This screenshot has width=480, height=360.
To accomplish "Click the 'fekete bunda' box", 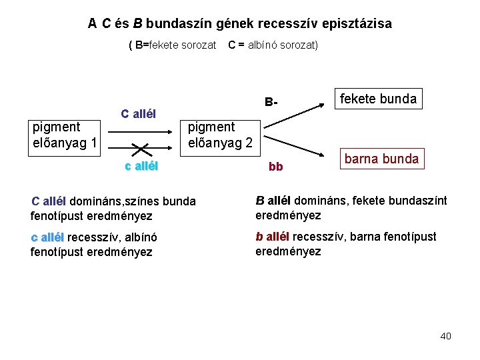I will [378, 99].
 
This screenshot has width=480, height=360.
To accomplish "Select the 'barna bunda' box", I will [381, 159].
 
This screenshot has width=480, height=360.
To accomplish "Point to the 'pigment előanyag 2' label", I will [220, 135].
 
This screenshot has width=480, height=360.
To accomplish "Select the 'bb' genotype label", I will [275, 167].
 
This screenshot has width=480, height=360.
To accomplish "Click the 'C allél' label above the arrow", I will [138, 113].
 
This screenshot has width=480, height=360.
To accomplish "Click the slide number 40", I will [445, 336].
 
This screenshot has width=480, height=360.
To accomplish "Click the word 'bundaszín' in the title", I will [176, 23].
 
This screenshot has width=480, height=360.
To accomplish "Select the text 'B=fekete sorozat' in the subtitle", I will [175, 45].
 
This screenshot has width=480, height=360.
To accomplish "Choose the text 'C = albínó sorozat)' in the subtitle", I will [273, 45].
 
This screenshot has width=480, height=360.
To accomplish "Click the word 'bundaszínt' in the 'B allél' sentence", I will [416, 201].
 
